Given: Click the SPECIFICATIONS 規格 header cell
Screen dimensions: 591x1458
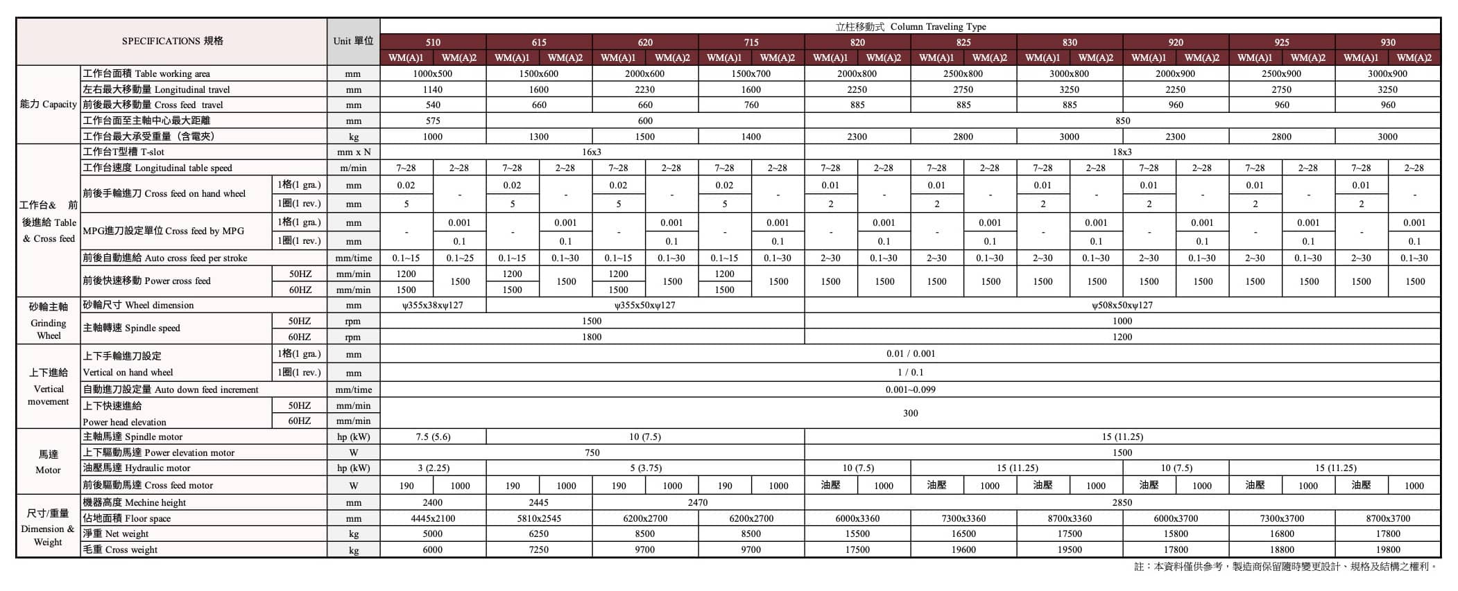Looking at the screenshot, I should point(172,41).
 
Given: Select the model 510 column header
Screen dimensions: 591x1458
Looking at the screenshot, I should point(433,42).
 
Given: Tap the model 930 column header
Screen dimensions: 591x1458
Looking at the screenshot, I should point(1387,42).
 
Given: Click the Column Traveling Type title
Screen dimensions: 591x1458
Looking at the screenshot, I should point(910,26).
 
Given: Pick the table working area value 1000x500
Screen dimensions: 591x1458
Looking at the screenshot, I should point(433,73).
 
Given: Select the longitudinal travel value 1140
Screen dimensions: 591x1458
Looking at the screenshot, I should point(433,89).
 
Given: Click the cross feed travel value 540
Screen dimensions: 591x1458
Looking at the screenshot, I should point(433,105).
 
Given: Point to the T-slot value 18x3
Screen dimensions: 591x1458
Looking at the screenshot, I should point(1122,152).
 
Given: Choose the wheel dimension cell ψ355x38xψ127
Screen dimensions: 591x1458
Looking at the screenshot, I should point(433,305).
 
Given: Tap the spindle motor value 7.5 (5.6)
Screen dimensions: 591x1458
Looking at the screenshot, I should point(433,436).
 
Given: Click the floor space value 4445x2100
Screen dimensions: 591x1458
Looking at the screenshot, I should point(433,518).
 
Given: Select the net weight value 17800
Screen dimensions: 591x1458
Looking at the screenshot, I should point(1387,533).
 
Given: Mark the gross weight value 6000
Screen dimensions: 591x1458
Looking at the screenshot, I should point(433,549).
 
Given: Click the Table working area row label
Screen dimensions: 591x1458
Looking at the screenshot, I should point(146,73).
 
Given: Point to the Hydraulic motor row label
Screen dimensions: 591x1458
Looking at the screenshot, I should point(136,468).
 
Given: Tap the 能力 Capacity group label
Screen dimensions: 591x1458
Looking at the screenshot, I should point(48,104).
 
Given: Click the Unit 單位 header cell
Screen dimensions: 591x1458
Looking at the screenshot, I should point(353,41).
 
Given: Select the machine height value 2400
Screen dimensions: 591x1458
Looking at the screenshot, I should point(433,502).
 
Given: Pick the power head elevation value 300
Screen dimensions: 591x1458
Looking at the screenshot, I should point(910,413).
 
